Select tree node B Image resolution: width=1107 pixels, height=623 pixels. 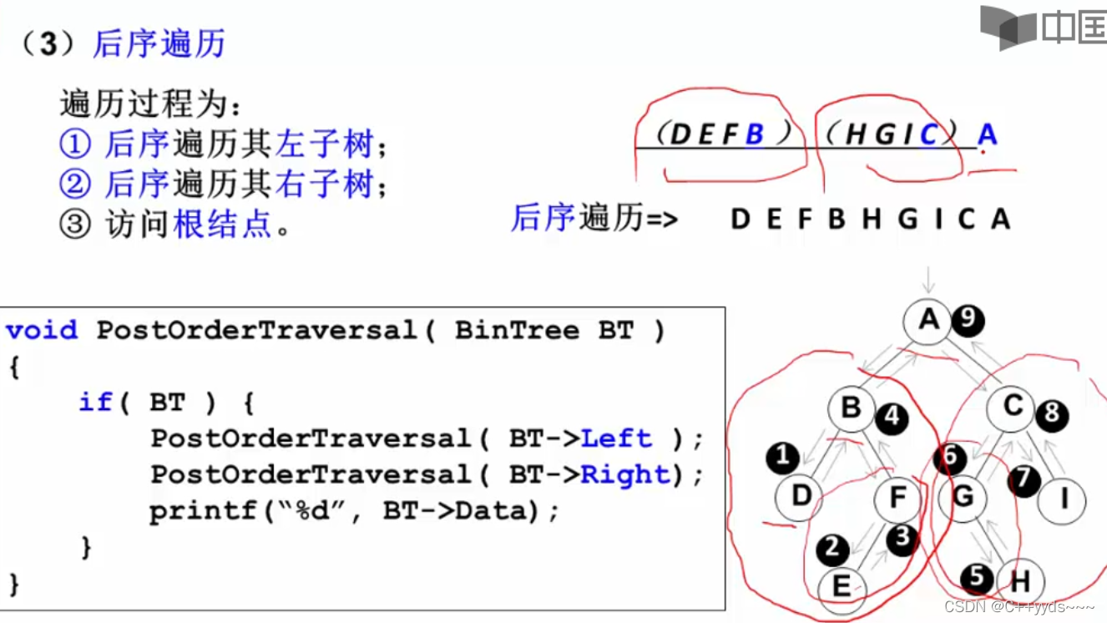(x=851, y=408)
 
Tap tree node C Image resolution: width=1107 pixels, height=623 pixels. (x=1013, y=408)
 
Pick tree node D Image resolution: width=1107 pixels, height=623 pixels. (x=800, y=497)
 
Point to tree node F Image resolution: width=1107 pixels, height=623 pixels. (x=897, y=499)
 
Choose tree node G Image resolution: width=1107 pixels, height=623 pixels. (x=963, y=498)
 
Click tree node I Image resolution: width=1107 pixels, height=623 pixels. (x=1064, y=499)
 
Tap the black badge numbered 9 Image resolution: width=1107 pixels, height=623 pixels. (x=968, y=320)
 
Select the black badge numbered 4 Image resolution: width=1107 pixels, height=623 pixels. (x=892, y=416)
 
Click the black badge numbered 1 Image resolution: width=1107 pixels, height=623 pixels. (x=782, y=457)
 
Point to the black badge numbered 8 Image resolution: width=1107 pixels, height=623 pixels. (x=1052, y=413)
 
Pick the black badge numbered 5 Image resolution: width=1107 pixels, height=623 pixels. (x=977, y=578)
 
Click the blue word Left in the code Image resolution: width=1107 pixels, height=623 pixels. (x=615, y=438)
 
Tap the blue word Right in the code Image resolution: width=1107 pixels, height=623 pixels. (x=624, y=475)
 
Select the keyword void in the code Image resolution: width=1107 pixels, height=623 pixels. (x=42, y=330)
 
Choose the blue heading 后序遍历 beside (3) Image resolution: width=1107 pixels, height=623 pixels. (x=159, y=43)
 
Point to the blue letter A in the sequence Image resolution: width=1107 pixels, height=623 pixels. (x=987, y=134)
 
